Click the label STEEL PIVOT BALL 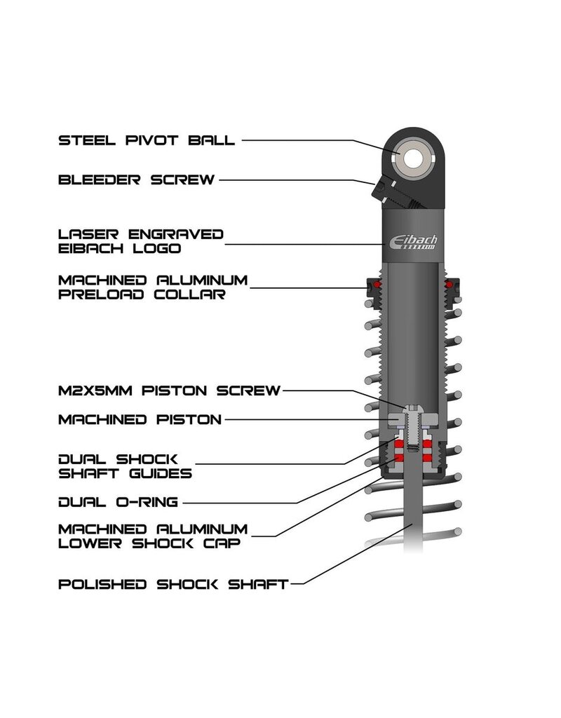(x=147, y=140)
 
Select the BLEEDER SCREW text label (x=136, y=180)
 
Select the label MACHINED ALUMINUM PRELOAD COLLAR (x=153, y=287)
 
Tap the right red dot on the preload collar (x=447, y=285)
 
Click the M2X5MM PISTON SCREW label (x=170, y=390)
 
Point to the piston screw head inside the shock (x=412, y=407)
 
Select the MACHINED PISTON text (x=140, y=420)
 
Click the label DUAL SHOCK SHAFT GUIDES (x=126, y=466)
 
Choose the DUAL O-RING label (x=118, y=501)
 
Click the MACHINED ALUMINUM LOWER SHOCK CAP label (x=153, y=536)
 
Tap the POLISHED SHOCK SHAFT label (x=173, y=583)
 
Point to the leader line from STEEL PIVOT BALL (x=309, y=140)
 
